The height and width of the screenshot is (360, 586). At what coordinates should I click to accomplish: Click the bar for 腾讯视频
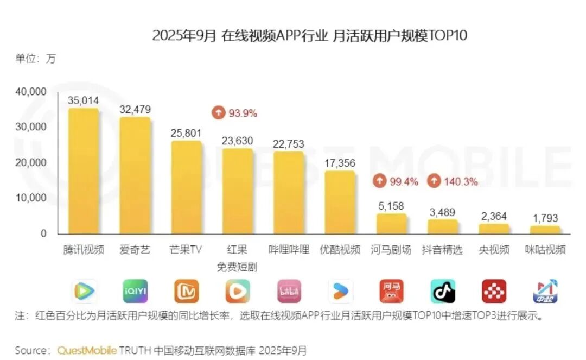coord(84,171)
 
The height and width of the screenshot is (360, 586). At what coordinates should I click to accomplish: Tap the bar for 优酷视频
coord(340,203)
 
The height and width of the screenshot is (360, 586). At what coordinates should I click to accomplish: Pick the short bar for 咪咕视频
coord(545,230)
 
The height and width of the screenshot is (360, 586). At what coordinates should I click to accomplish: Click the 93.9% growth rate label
coord(243,113)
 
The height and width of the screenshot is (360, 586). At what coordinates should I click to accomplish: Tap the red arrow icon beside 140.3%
coord(434,182)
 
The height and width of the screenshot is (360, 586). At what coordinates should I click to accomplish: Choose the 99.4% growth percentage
coord(404,182)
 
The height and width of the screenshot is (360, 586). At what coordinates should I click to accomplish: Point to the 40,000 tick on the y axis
coord(31,92)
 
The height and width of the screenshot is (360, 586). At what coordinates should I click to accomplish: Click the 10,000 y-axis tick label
coord(31,198)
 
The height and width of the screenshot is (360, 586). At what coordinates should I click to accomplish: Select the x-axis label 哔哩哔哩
coord(289,250)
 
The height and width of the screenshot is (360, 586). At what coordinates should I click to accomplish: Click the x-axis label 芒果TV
coord(186,250)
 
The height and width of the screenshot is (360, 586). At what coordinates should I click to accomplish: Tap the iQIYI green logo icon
coord(135,292)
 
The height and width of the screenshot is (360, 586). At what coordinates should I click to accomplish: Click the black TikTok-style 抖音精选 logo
coord(443,292)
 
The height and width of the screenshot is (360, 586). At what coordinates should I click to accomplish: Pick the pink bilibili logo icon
coord(289,292)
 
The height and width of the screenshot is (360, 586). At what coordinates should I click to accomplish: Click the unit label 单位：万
coord(35,59)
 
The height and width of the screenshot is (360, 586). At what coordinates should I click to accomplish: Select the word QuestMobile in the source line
coord(87,350)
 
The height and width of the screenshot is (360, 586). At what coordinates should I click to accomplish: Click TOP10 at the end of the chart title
coord(448,36)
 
